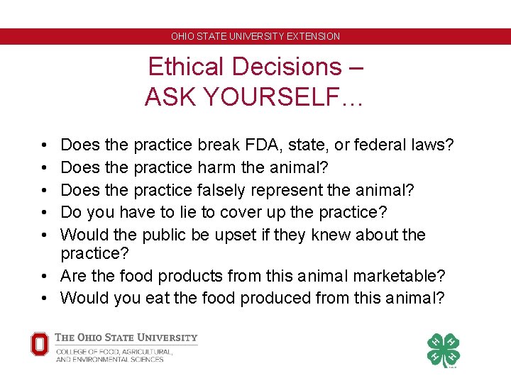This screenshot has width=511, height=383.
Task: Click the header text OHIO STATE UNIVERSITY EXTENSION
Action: [x=255, y=36]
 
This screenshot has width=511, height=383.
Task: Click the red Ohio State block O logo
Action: [x=40, y=345]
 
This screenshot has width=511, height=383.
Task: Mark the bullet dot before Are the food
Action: [x=44, y=275]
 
